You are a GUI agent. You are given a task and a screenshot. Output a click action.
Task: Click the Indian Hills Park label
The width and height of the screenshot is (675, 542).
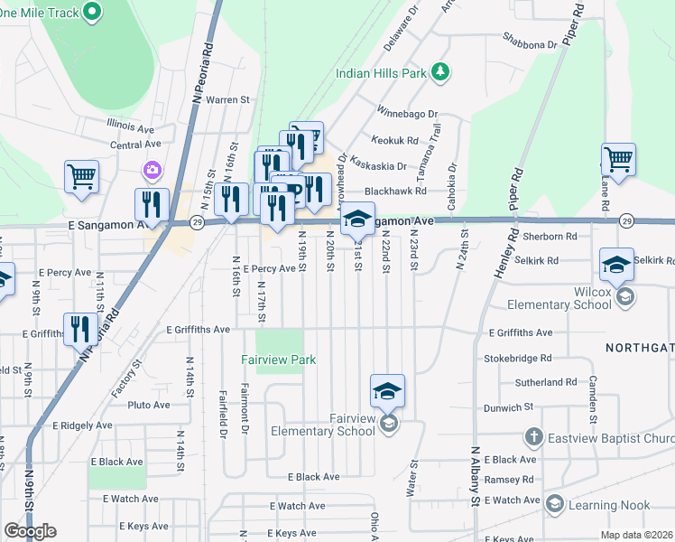[x=380, y=74]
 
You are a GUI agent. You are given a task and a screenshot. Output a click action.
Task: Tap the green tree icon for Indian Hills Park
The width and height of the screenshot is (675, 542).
[x=440, y=72]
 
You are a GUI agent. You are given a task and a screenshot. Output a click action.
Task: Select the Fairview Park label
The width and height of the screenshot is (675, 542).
[x=278, y=360]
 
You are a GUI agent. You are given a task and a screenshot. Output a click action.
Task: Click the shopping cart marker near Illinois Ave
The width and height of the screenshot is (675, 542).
[x=81, y=176]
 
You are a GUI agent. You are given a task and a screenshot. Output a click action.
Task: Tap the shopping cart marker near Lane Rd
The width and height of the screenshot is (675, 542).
[x=618, y=160]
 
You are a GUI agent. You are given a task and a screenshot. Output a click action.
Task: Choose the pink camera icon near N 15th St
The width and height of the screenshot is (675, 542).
[x=152, y=170]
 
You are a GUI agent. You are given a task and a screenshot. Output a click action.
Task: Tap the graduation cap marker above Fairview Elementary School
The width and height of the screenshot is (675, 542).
[x=387, y=391]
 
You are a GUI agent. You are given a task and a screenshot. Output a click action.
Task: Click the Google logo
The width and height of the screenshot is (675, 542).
[x=31, y=531]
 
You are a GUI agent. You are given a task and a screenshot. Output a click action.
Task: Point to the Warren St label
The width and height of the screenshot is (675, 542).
[x=227, y=99]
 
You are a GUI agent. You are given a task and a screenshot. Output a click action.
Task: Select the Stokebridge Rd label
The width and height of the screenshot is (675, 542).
[x=517, y=359]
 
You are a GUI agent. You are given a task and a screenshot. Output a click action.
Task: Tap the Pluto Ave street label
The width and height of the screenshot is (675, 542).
[x=149, y=405]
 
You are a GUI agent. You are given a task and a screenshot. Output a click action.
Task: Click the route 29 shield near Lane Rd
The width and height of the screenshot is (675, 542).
[x=625, y=220]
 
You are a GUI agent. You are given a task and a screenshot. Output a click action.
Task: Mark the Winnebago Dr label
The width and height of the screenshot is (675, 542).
[x=406, y=115]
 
